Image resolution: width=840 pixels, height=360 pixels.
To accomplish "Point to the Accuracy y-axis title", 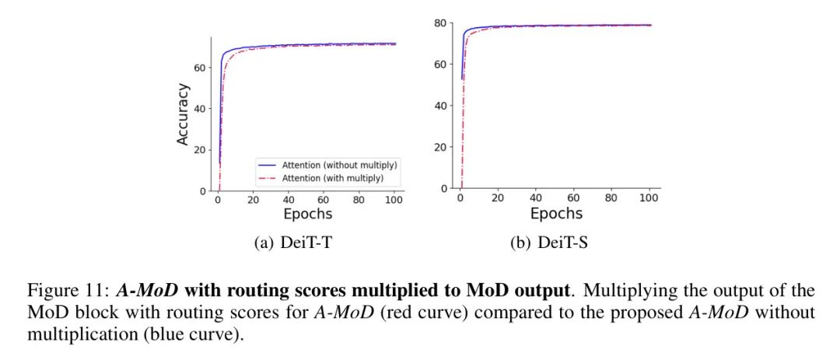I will click(183, 114).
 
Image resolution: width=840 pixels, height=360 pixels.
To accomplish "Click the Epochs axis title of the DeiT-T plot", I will click(307, 214).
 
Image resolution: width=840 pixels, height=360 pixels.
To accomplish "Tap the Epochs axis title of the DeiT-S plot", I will click(556, 212).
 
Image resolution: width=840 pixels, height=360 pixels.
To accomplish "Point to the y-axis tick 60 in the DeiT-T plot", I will click(201, 68).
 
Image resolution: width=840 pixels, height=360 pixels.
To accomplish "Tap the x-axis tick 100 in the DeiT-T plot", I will click(394, 200).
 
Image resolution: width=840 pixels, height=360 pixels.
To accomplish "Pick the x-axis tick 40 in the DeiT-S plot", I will click(535, 198).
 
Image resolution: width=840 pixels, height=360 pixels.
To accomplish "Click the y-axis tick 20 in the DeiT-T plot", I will click(201, 150).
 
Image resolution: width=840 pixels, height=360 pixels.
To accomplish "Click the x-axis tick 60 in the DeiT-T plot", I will click(324, 200).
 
